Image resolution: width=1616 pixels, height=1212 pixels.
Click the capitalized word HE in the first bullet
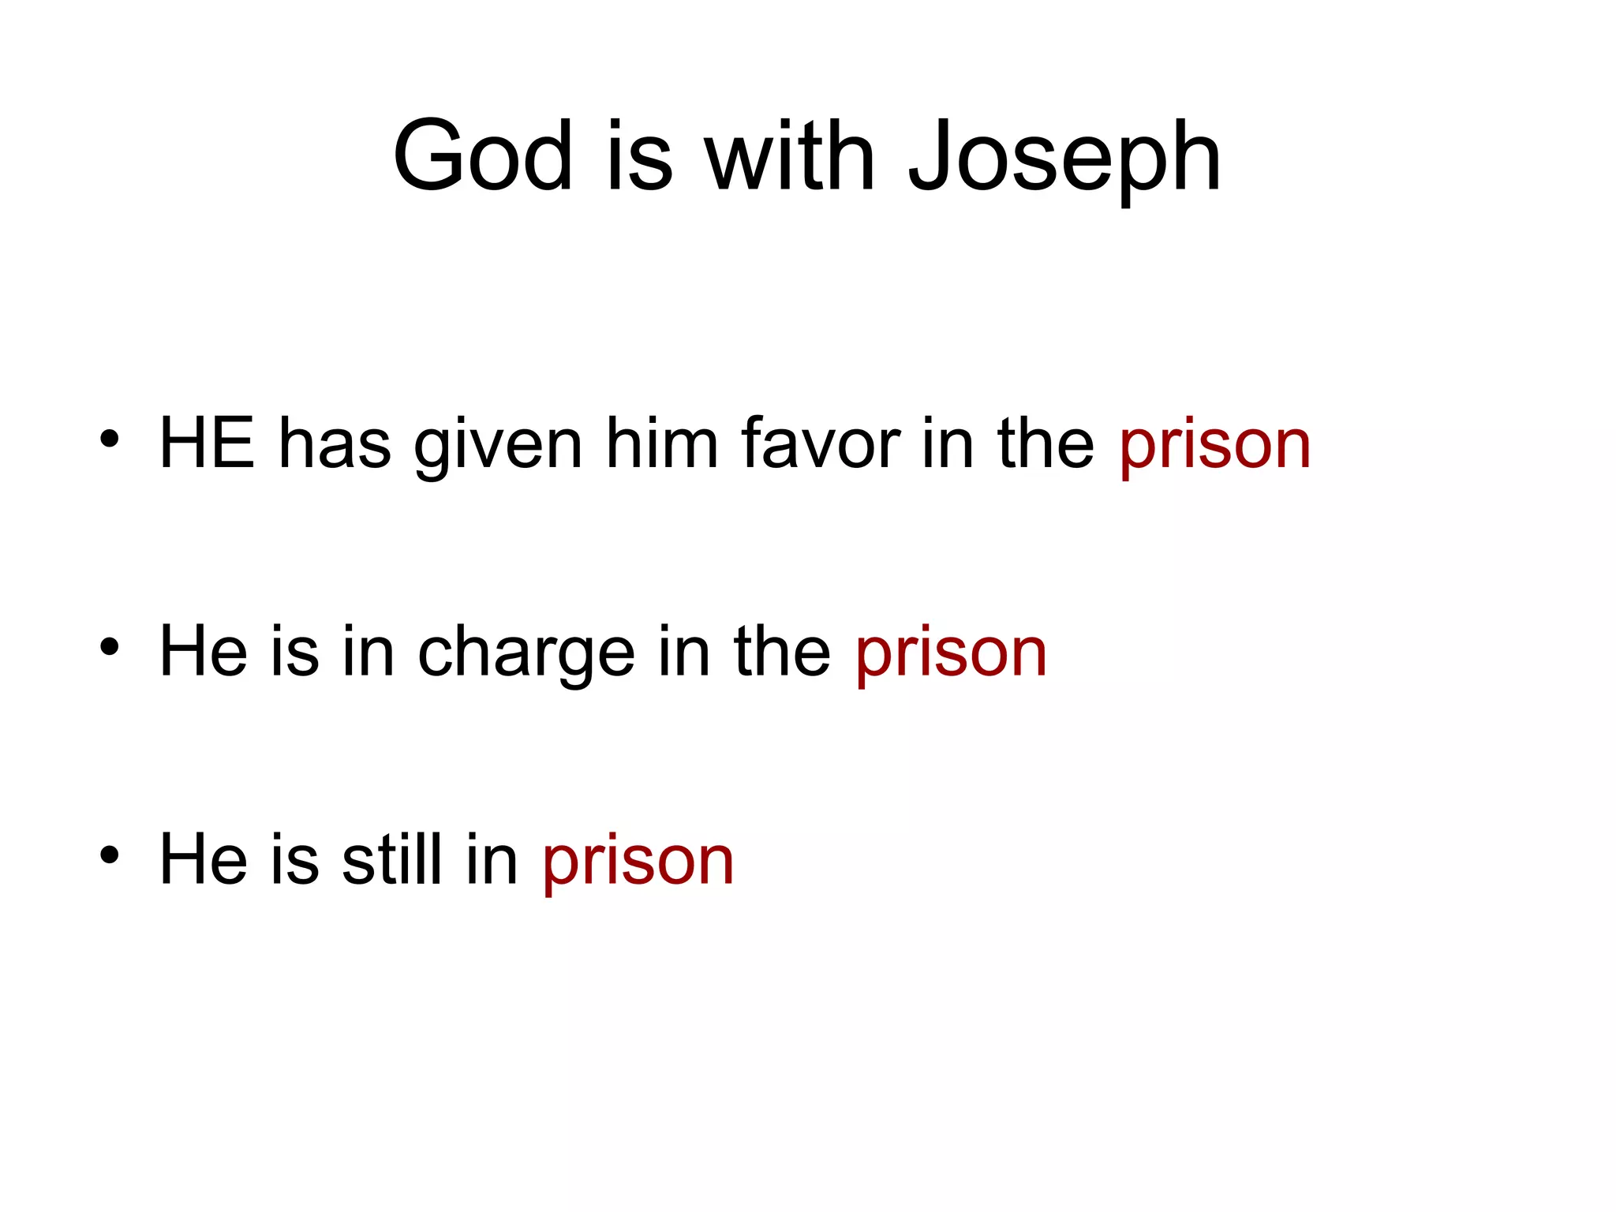(207, 443)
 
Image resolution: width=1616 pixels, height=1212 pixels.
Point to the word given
(498, 447)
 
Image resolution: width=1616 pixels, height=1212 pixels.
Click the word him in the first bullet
(661, 443)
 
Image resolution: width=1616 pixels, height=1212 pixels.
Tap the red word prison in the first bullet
(1214, 447)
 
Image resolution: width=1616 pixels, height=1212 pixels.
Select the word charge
(526, 655)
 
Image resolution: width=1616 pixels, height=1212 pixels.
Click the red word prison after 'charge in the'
(951, 655)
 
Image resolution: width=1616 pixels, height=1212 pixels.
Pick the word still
(391, 859)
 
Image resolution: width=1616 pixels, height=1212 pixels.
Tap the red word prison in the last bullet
(638, 862)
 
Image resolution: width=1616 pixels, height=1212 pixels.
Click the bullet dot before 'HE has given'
(110, 439)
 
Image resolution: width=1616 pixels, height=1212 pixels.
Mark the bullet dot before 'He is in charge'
(110, 647)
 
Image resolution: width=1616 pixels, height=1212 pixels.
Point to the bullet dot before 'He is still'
(110, 854)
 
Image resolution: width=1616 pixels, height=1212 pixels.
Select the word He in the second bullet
(203, 652)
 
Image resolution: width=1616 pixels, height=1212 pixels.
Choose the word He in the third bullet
(203, 859)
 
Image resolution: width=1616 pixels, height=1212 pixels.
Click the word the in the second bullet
(781, 652)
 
